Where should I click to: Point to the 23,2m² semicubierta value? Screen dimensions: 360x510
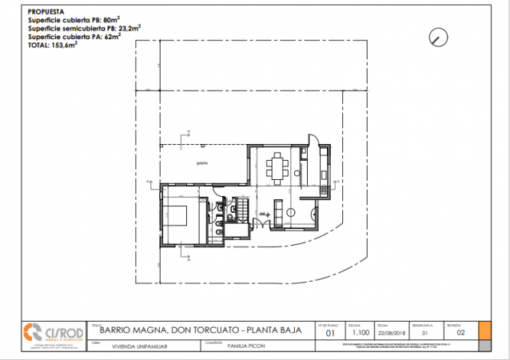click(x=129, y=28)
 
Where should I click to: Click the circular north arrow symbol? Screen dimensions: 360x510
click(x=437, y=36)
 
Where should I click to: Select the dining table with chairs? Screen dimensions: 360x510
click(x=277, y=168)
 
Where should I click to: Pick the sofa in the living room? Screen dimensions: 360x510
click(x=277, y=211)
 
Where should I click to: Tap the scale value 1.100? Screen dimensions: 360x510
click(x=361, y=334)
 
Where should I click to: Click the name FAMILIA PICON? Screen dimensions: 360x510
click(x=246, y=346)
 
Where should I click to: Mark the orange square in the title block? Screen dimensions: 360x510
click(x=484, y=330)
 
